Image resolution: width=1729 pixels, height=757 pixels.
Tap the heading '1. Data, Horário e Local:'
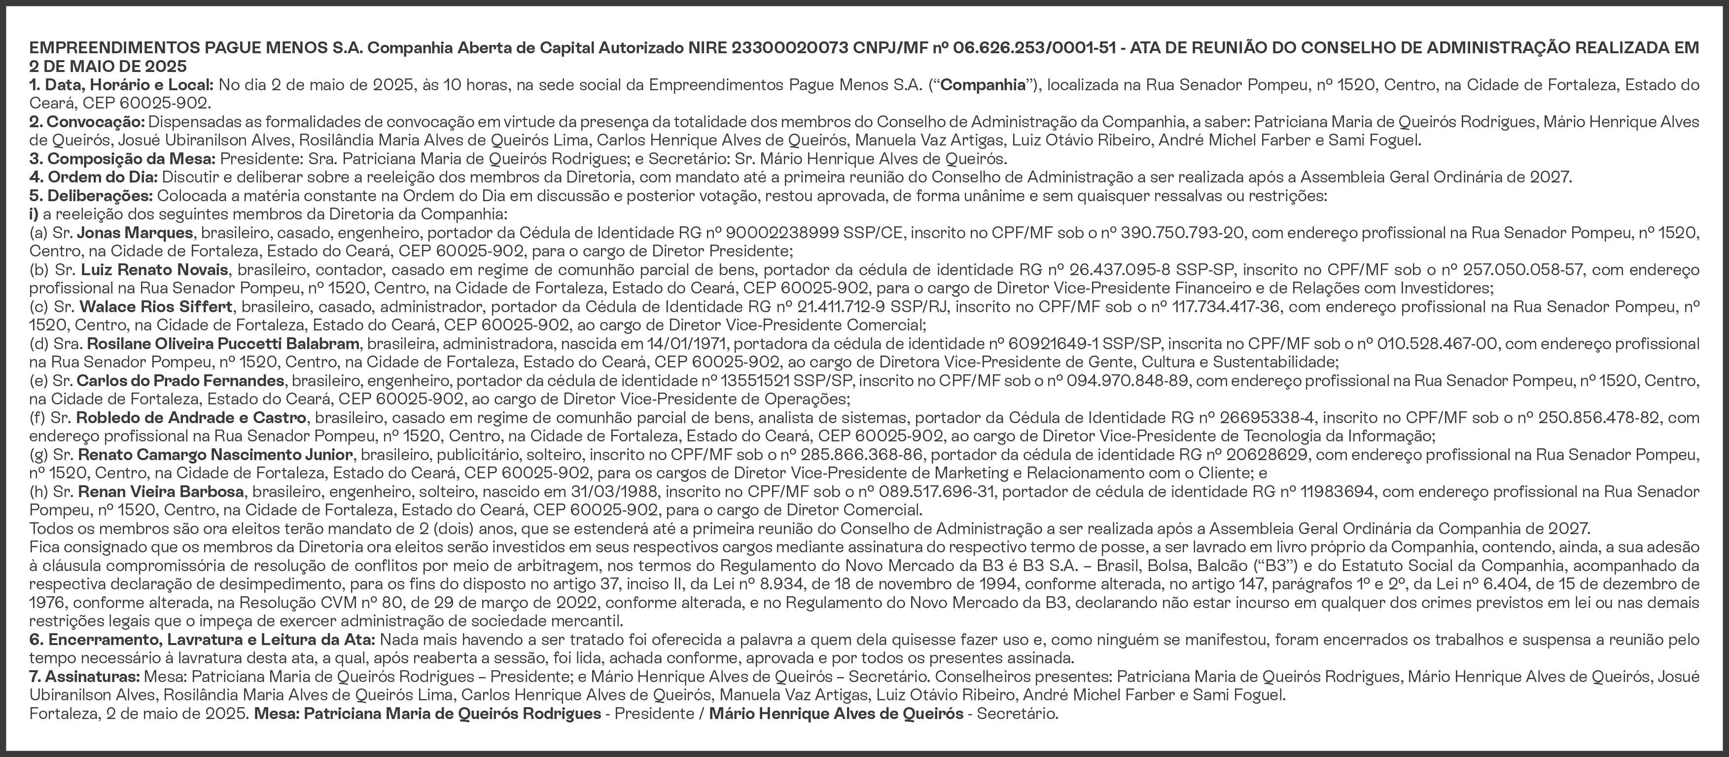(x=121, y=85)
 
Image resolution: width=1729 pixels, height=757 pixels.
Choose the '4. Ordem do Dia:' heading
(x=93, y=177)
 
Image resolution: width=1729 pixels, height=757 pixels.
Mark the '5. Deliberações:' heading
(x=91, y=196)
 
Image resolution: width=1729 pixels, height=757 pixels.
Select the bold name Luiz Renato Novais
(x=154, y=270)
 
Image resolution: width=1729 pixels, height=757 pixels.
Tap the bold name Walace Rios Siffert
(x=156, y=307)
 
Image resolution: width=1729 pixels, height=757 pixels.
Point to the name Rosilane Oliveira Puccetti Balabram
(x=223, y=344)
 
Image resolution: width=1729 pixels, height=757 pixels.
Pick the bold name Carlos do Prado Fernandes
(x=180, y=381)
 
